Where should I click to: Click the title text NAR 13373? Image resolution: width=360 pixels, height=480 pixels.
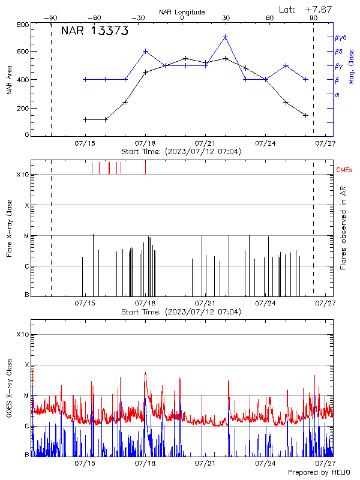[95, 32]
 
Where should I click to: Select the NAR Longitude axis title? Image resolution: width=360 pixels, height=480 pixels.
[182, 12]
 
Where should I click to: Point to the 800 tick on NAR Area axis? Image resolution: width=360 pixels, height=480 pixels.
[23, 25]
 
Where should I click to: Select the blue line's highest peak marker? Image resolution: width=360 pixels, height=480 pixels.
[226, 37]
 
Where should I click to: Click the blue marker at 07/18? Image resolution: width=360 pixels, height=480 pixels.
[146, 51]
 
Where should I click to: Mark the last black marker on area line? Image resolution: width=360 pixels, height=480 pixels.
[306, 115]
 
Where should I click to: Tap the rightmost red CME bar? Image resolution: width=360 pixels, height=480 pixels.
[145, 167]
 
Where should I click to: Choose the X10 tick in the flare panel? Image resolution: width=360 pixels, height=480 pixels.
[23, 175]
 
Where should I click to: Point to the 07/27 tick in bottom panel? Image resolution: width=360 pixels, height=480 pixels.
[326, 463]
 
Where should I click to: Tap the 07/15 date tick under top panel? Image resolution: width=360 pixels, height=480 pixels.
[85, 143]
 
